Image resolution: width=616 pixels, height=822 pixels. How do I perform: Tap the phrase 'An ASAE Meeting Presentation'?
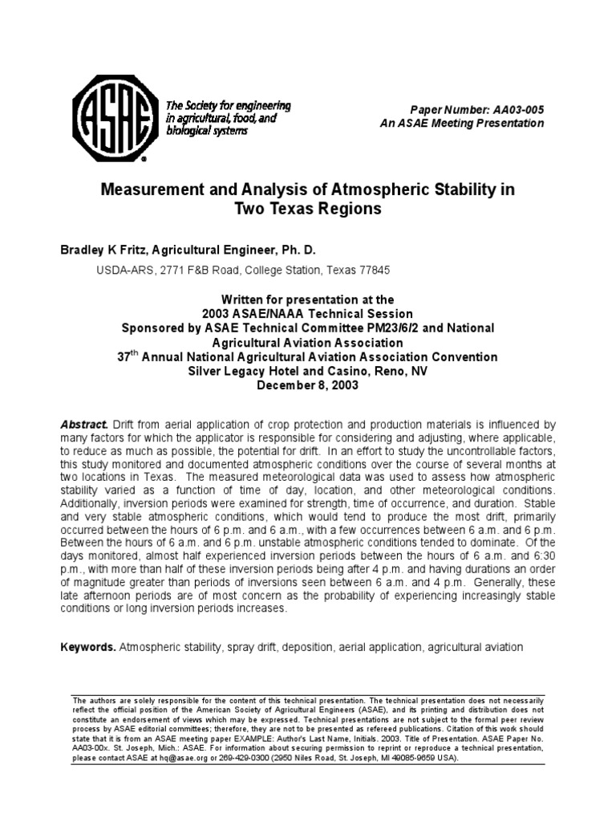[x=462, y=124]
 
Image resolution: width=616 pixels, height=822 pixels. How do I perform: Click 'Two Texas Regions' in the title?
[x=306, y=210]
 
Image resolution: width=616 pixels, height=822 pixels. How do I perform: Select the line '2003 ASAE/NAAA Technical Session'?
[x=308, y=314]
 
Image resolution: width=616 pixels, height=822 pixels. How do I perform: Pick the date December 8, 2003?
[x=308, y=385]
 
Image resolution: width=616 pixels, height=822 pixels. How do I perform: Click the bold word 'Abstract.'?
[x=84, y=424]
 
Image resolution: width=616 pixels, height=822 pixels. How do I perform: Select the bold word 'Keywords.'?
[x=88, y=647]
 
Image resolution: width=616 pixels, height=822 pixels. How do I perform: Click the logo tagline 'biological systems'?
[x=206, y=132]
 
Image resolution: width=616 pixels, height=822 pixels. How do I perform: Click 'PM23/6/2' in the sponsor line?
[x=379, y=328]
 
